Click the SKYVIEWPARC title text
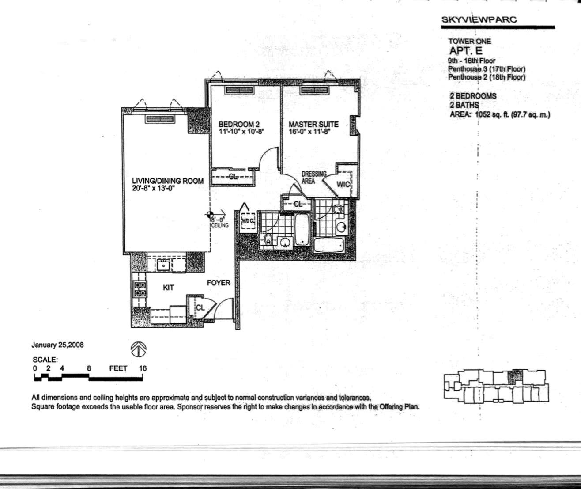coord(479,19)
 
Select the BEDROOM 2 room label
coord(238,124)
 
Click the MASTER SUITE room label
coord(313,124)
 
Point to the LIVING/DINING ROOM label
coord(168,181)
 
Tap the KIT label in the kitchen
coord(168,288)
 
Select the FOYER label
coord(219,283)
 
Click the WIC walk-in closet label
coord(343,184)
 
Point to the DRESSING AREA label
coord(314,177)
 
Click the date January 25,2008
coord(57,345)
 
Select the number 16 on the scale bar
coord(142,368)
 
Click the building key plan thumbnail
coord(496,387)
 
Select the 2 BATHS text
coord(464,105)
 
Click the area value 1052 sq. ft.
coord(490,114)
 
